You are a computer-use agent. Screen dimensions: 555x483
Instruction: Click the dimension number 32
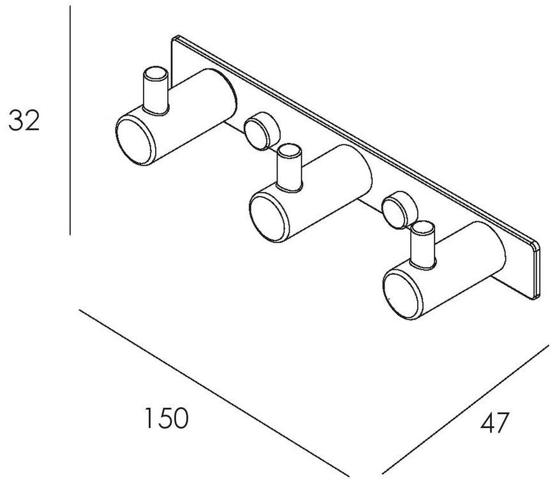pyautogui.click(x=24, y=121)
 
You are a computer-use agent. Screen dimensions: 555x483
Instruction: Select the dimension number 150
pyautogui.click(x=166, y=418)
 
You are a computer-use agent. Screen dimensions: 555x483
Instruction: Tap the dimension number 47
pyautogui.click(x=494, y=422)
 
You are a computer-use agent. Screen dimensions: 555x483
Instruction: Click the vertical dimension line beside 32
pyautogui.click(x=70, y=120)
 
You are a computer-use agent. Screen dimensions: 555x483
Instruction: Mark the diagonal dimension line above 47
pyautogui.click(x=466, y=410)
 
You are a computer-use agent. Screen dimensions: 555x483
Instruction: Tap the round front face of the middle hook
pyautogui.click(x=269, y=218)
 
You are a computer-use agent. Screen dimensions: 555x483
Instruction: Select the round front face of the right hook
pyautogui.click(x=403, y=295)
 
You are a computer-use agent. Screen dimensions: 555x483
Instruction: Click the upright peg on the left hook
pyautogui.click(x=155, y=91)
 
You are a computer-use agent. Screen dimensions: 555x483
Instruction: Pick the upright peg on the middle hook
pyautogui.click(x=290, y=168)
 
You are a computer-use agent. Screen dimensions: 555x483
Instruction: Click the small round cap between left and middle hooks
pyautogui.click(x=262, y=131)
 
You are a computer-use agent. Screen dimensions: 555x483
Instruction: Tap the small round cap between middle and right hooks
pyautogui.click(x=400, y=210)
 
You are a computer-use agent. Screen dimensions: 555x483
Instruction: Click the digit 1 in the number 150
pyautogui.click(x=151, y=418)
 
